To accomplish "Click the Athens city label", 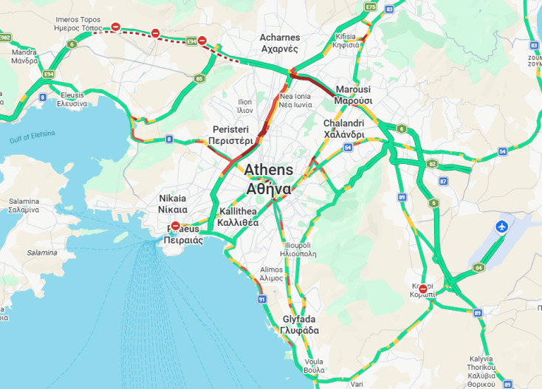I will point(269,179).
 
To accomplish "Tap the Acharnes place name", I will point(279,43).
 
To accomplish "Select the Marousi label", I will point(353,94).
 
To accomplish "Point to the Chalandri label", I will point(344,128).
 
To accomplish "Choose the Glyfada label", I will point(301,325).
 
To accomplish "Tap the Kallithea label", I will point(239,216).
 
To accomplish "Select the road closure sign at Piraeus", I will point(175,226).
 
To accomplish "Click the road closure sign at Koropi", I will point(422,289).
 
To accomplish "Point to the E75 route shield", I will point(371,7).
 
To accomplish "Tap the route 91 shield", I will point(262,299).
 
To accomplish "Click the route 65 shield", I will point(199,78).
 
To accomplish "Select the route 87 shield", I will point(443,181).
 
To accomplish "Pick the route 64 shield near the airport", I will point(478,267).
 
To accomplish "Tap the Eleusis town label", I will point(72,99).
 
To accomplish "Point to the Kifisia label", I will point(346,40).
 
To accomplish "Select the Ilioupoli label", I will point(301,249).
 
